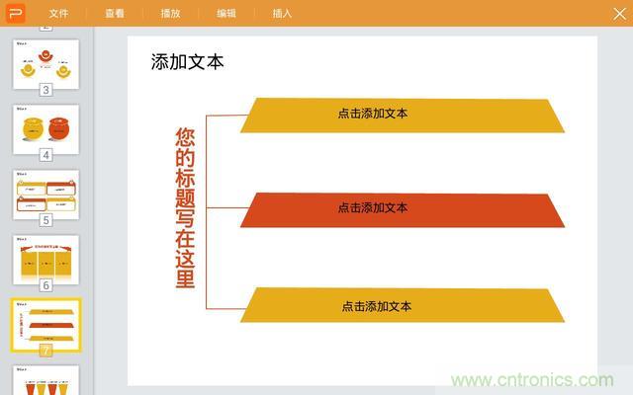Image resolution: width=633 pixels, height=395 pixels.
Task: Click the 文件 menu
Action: click(59, 13)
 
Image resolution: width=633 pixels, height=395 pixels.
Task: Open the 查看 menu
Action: click(115, 13)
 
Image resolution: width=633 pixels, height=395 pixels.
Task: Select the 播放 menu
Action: click(170, 13)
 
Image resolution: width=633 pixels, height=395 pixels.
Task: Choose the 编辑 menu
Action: click(226, 13)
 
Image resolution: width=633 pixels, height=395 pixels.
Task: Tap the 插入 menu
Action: click(282, 13)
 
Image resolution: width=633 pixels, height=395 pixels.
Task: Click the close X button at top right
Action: click(618, 13)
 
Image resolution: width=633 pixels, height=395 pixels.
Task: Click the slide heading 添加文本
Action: click(188, 62)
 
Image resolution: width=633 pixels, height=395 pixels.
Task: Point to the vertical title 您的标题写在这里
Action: click(185, 207)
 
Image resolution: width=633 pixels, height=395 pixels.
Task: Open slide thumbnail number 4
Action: click(45, 127)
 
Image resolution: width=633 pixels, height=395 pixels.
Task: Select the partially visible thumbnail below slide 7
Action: click(45, 380)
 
